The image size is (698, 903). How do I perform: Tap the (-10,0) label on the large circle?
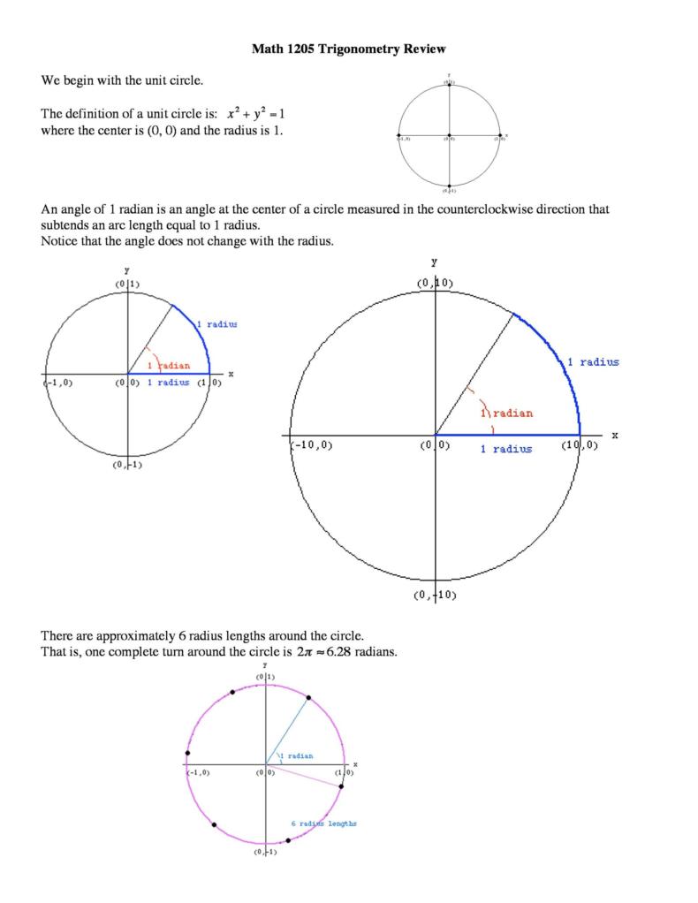coord(312,445)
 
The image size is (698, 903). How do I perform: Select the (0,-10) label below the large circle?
coord(435,595)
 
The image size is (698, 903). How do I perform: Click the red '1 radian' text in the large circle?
coord(506,414)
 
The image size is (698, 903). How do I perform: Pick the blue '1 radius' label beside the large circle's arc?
coord(593,361)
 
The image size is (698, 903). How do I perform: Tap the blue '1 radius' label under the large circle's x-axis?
coord(506,449)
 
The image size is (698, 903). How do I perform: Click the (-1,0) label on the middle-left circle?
coord(59,383)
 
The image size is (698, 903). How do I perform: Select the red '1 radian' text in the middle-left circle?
coord(169,364)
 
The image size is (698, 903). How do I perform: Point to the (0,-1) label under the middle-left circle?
coord(127,465)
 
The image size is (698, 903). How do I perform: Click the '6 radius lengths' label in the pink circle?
coord(324,823)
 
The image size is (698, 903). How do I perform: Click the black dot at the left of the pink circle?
coord(188,752)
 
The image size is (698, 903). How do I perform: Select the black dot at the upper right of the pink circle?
coord(308,698)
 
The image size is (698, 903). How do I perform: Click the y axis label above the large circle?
coord(434,262)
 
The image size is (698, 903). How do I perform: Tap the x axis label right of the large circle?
coord(615,435)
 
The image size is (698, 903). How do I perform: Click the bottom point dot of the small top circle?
coord(450,186)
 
